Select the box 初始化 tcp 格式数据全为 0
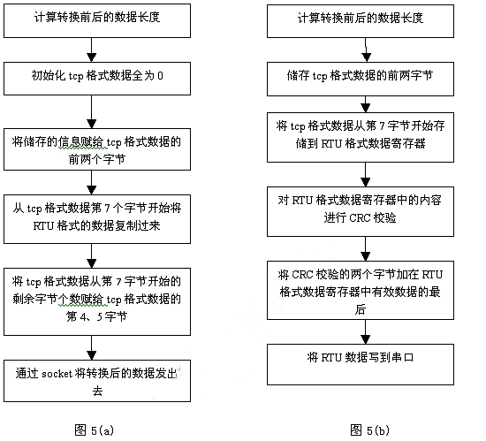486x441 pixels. click(x=97, y=76)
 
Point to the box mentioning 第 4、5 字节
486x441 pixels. click(x=97, y=299)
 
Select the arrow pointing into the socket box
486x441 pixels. click(x=93, y=347)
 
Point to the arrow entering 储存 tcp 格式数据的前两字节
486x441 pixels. click(x=365, y=51)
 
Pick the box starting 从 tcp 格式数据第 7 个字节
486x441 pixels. click(x=97, y=217)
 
